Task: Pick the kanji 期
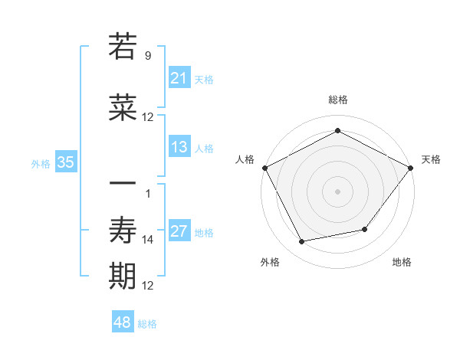[x=123, y=276]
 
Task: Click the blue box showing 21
[x=179, y=78]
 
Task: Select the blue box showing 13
[x=179, y=147]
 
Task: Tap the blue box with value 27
[x=179, y=231]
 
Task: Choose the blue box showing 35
[x=65, y=162]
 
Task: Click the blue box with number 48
[x=123, y=322]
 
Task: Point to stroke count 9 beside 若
[x=147, y=55]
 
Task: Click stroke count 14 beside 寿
[x=148, y=240]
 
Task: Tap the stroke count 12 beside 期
[x=148, y=286]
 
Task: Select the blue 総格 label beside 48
[x=147, y=324]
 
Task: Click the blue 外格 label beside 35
[x=41, y=163]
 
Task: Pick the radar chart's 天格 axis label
[x=431, y=159]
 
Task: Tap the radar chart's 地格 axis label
[x=402, y=262]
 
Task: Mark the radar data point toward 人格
[x=264, y=167]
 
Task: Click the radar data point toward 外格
[x=302, y=242]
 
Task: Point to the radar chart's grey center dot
[x=337, y=191]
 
